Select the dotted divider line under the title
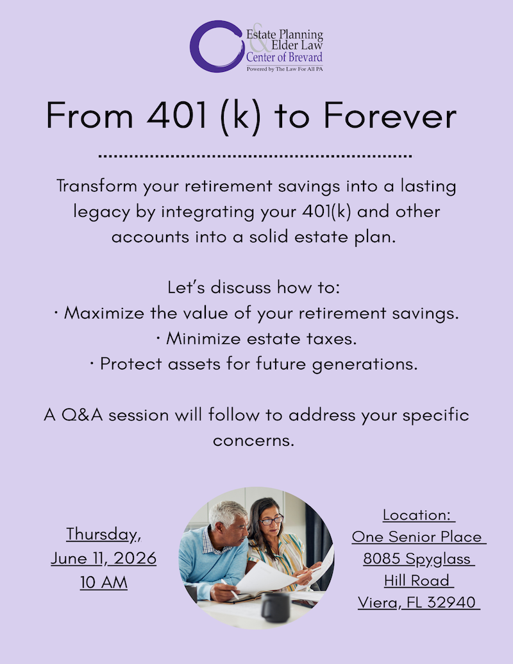(256, 156)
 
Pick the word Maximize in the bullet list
(106, 313)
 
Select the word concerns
(253, 440)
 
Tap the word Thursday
(103, 534)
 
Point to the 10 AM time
(103, 583)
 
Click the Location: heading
(418, 515)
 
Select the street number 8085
(384, 558)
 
